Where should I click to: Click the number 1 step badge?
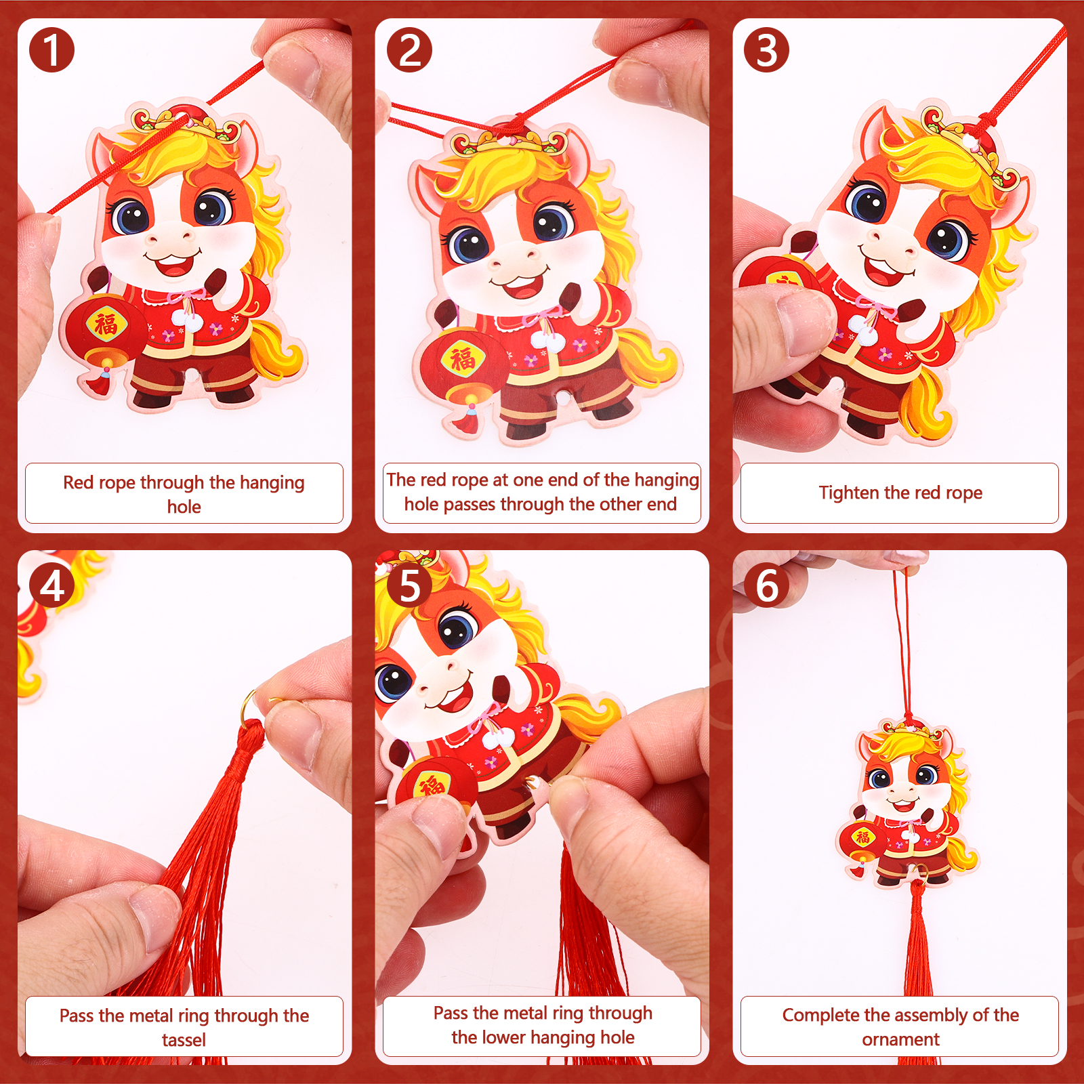(51, 50)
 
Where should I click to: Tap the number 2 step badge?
(409, 50)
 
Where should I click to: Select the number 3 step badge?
(766, 50)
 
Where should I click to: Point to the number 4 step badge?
(51, 585)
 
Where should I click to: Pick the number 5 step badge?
(409, 585)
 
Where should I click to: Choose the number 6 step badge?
(766, 585)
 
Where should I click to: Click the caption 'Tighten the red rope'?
(900, 493)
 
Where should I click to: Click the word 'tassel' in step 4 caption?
(184, 1040)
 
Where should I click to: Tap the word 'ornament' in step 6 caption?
(900, 1039)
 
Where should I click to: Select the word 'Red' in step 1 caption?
(79, 482)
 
